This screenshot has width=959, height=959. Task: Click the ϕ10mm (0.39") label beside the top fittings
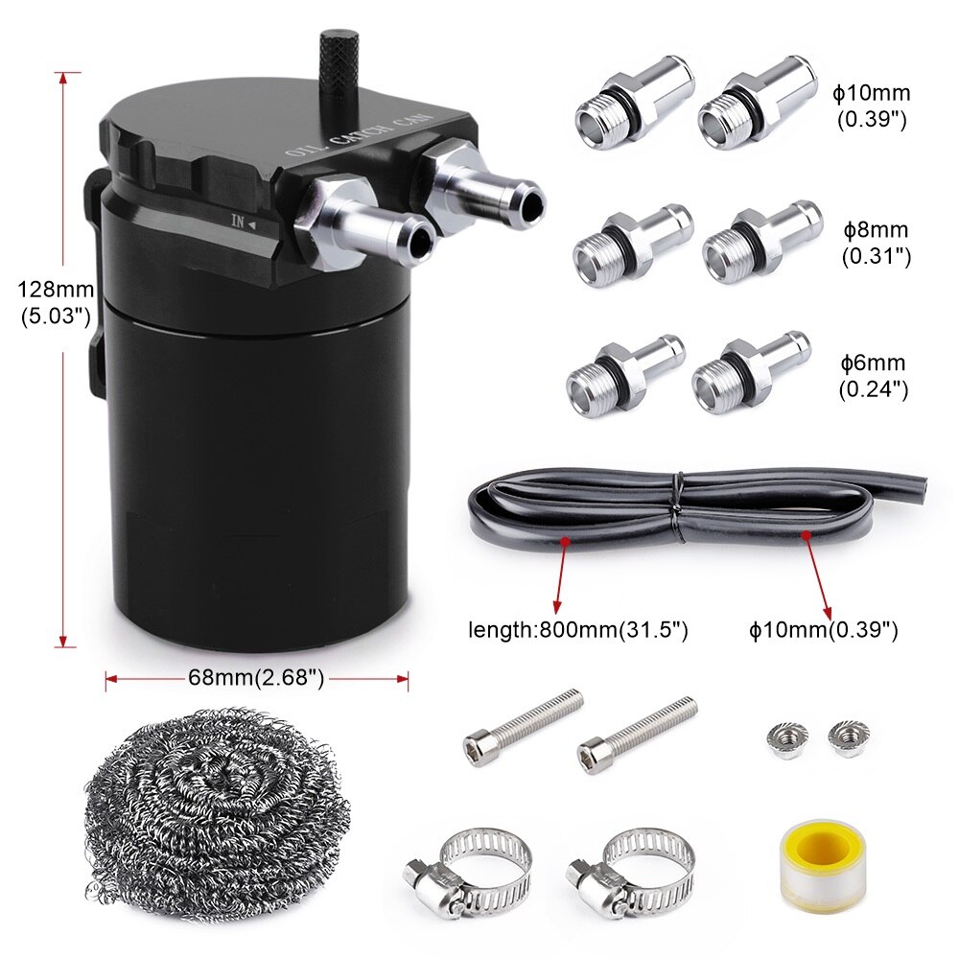coord(872,106)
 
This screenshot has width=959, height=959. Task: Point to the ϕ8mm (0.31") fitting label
coord(876,244)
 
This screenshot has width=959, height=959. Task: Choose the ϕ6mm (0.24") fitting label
coord(873,376)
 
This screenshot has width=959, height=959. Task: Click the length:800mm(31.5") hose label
coord(578,630)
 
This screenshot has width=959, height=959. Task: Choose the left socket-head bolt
coord(523,723)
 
